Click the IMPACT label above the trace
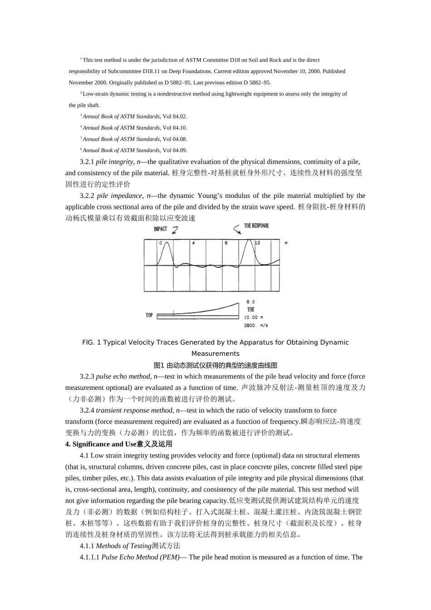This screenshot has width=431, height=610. [160, 229]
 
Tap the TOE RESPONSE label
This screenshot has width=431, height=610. [256, 226]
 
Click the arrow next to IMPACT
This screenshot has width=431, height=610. [175, 230]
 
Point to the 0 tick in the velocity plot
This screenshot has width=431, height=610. [161, 243]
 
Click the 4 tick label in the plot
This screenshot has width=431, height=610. [193, 243]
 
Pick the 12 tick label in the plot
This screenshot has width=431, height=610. [258, 243]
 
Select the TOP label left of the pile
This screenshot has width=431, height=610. [149, 315]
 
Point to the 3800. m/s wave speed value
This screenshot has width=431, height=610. [256, 325]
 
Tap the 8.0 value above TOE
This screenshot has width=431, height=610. [250, 302]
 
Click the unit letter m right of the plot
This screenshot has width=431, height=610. [286, 243]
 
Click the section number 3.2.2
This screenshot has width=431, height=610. [87, 196]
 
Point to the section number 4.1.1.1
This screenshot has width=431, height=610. [89, 557]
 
